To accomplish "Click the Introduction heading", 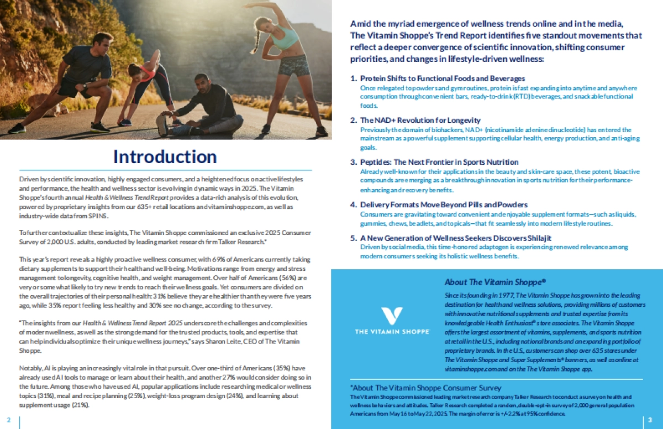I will (165, 156).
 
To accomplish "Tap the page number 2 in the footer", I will (8, 420).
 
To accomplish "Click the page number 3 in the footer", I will (650, 420).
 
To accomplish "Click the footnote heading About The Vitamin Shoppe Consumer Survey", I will (425, 388).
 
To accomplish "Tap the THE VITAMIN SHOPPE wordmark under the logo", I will (393, 331).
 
